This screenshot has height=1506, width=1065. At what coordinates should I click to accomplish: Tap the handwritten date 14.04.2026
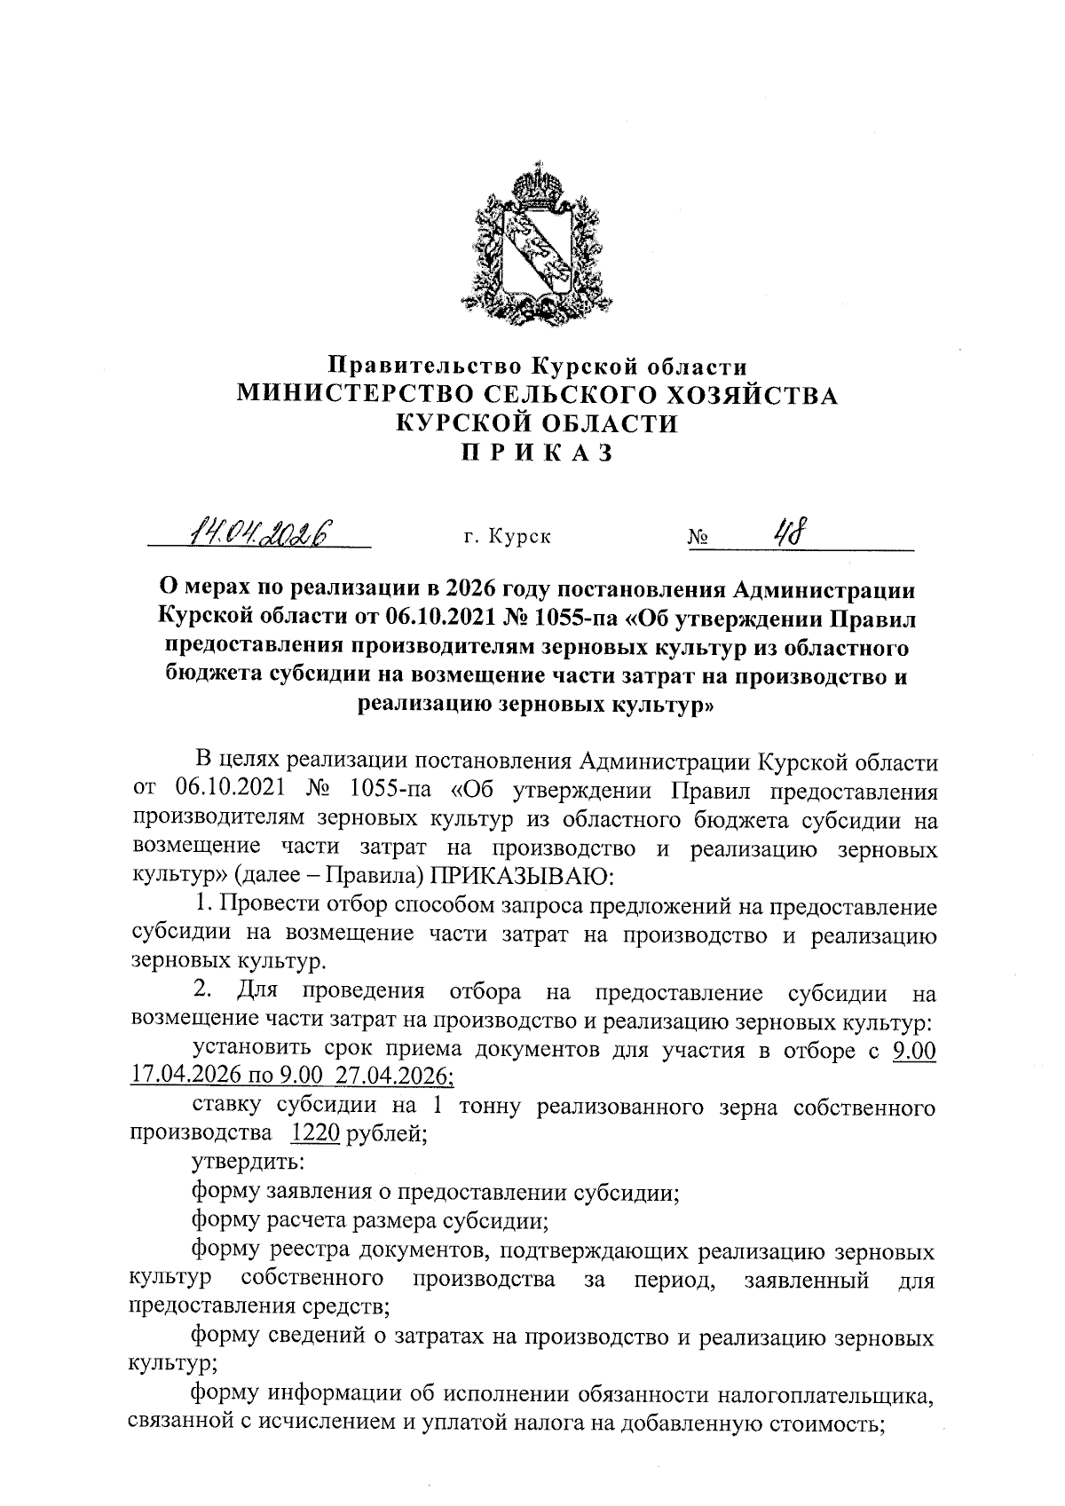click(x=256, y=534)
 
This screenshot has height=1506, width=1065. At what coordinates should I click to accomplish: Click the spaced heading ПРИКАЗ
click(x=536, y=453)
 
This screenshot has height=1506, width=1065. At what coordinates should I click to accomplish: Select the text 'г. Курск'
click(x=507, y=538)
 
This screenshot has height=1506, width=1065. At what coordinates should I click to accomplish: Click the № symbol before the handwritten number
click(x=697, y=539)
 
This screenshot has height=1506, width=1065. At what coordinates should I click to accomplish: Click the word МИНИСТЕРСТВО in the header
click(x=356, y=395)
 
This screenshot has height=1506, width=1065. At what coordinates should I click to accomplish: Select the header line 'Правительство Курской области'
click(x=536, y=365)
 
